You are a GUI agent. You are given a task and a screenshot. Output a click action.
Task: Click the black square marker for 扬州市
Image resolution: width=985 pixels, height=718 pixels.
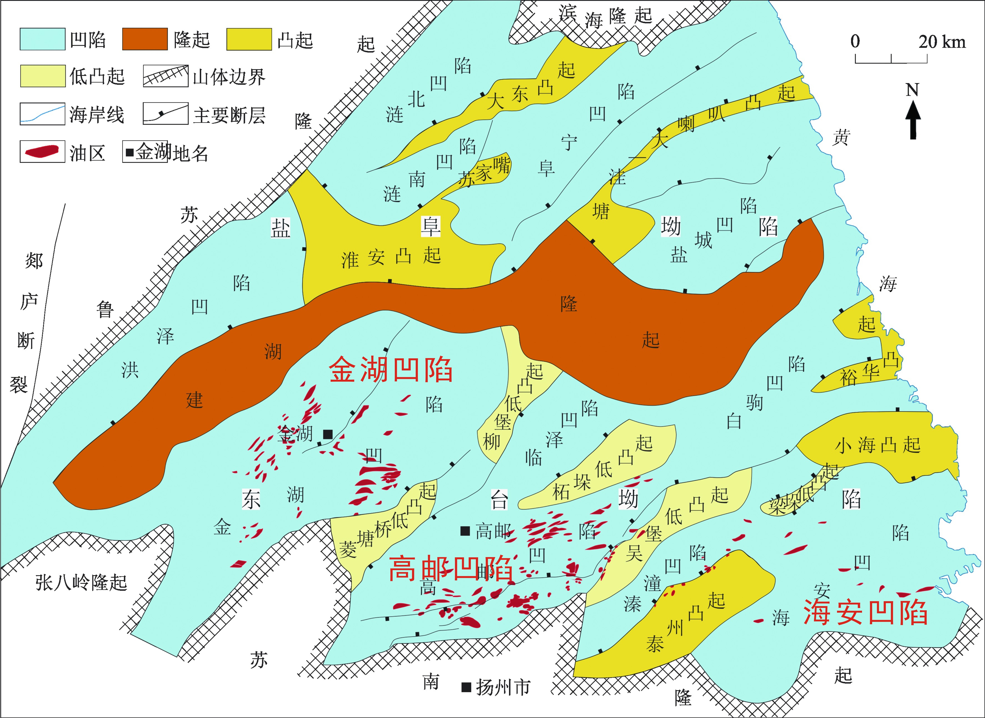[466, 687]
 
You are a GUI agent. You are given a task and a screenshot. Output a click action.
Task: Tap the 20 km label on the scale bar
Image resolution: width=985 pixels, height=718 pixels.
[942, 42]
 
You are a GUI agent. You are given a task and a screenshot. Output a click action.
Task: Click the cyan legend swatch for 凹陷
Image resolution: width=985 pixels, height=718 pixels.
[42, 39]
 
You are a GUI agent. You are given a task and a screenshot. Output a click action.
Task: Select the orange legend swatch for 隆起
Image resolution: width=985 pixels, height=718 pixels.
[145, 39]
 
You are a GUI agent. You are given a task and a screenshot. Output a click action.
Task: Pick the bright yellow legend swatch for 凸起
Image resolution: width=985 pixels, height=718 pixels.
[249, 39]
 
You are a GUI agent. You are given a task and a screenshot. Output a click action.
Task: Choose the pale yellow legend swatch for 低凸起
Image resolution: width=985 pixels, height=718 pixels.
[42, 76]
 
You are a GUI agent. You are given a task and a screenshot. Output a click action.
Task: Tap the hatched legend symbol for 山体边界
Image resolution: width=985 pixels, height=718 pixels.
[165, 76]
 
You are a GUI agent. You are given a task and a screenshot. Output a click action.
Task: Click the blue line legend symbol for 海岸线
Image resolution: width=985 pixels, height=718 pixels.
[42, 114]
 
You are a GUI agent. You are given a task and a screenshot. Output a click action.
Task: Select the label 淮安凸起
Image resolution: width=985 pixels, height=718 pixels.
[391, 257]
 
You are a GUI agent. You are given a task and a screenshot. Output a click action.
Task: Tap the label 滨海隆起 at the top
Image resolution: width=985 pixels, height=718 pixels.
[605, 17]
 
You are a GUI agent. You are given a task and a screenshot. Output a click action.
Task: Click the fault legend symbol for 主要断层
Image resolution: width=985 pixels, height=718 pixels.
[165, 114]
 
